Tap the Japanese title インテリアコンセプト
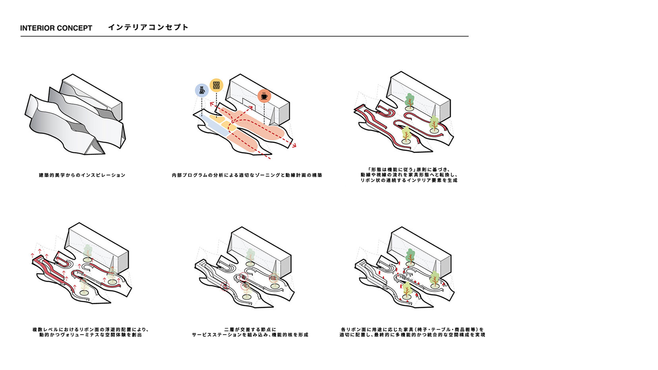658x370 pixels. (148, 27)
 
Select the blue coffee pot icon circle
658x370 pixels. (202, 90)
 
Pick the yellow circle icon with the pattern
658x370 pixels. (216, 85)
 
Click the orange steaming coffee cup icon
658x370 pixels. (264, 96)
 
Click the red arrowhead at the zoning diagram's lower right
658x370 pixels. (294, 145)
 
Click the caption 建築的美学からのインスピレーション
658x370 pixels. (82, 175)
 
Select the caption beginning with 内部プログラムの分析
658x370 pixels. (247, 175)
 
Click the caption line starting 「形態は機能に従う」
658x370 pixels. (409, 169)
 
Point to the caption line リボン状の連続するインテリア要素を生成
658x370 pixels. (409, 180)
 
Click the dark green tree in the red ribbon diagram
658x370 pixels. (410, 100)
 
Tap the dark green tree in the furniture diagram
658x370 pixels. (410, 256)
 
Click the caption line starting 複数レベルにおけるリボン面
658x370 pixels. (90, 330)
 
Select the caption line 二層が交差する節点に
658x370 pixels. (250, 330)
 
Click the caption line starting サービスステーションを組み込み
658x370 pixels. (250, 335)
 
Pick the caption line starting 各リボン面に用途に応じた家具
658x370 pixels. (412, 330)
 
